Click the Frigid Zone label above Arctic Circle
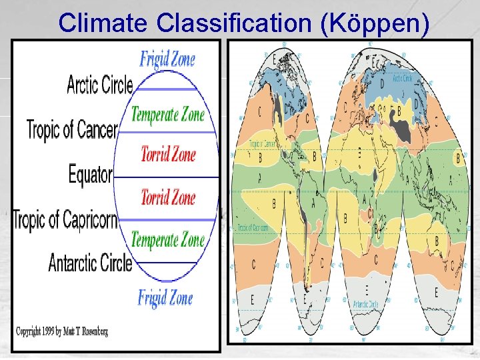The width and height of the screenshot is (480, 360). click(x=167, y=59)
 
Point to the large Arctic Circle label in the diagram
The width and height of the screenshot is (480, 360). click(x=100, y=85)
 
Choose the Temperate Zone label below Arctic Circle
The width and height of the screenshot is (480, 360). click(x=167, y=114)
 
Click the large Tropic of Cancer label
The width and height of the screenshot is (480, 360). click(x=72, y=128)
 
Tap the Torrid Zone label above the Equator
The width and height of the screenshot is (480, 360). click(x=168, y=155)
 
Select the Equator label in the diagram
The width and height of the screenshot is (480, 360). click(x=91, y=175)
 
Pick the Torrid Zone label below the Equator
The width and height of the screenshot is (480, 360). click(x=168, y=197)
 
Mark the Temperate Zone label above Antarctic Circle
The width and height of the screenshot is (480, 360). click(x=167, y=239)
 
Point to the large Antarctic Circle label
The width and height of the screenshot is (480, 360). click(x=91, y=263)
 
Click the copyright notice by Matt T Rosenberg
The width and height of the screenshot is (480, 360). click(x=62, y=331)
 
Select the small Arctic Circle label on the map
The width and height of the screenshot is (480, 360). click(x=403, y=78)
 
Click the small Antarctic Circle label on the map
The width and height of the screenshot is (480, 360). click(x=365, y=303)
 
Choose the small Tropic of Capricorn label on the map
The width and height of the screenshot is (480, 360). click(x=253, y=228)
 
